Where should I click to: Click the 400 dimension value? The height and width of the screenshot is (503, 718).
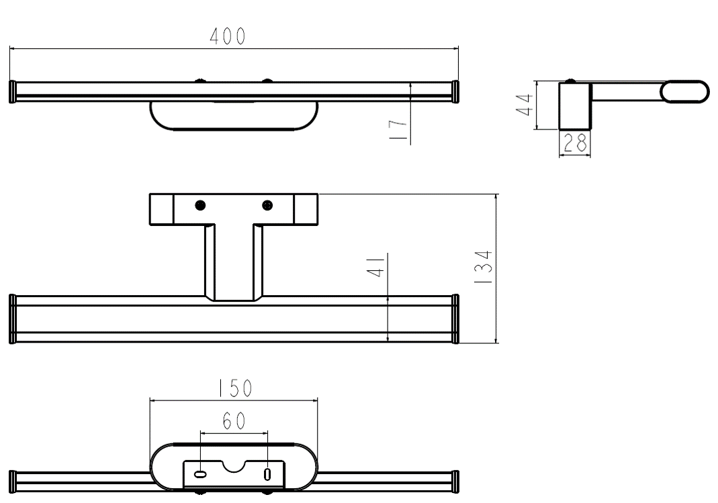[x=228, y=38]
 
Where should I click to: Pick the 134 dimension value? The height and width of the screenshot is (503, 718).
[x=484, y=268]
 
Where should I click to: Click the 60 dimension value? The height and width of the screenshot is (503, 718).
[x=234, y=421]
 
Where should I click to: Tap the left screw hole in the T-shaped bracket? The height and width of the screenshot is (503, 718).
[x=200, y=205]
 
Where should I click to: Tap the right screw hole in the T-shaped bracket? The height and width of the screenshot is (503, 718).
[x=267, y=205]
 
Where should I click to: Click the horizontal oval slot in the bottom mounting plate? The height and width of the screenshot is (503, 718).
[x=200, y=474]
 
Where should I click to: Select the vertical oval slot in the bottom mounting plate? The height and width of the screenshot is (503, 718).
[x=267, y=474]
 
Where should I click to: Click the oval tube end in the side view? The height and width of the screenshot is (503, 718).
[x=684, y=92]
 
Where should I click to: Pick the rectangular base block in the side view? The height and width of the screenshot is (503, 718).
[x=575, y=105]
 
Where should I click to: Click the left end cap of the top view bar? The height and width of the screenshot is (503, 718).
[x=12, y=92]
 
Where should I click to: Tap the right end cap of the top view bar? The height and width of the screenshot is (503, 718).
[x=456, y=92]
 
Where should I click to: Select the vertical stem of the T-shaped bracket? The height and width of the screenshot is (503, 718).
[x=233, y=262]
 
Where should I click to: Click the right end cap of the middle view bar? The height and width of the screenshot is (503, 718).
[x=456, y=319]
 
